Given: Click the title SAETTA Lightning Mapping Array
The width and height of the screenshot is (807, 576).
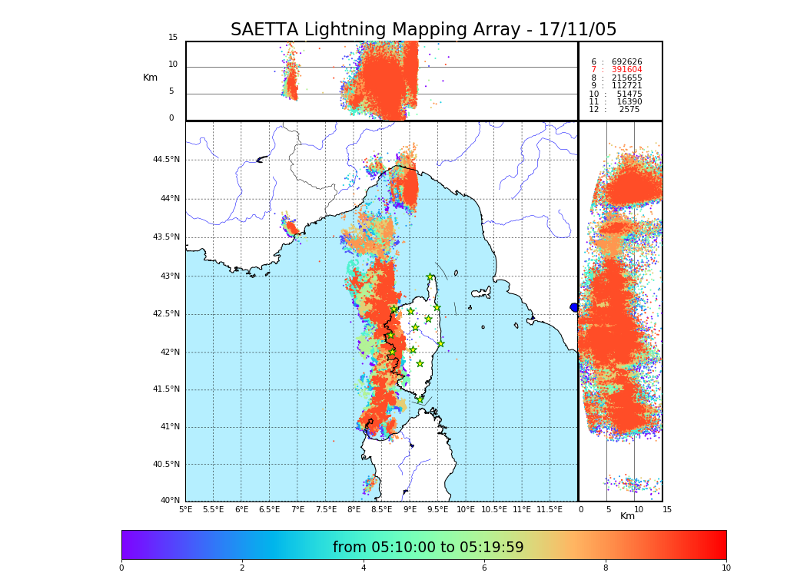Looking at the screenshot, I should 423,30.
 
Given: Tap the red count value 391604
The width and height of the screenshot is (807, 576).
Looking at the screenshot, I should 626,70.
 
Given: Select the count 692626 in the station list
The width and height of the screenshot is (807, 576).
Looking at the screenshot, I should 626,61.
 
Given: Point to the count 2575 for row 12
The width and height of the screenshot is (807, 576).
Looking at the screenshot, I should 629,110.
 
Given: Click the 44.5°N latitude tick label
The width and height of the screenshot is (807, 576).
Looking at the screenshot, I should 165,160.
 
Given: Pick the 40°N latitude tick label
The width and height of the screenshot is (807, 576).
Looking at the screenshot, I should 169,501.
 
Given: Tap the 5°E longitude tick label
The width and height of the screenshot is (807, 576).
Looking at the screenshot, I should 185,509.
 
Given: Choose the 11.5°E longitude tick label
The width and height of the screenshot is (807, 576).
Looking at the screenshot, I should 550,509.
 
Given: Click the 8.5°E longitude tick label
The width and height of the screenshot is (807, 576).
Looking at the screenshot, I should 381,509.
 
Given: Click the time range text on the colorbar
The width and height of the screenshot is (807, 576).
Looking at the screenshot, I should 428,548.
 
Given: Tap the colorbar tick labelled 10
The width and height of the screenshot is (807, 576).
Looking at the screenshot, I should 726,568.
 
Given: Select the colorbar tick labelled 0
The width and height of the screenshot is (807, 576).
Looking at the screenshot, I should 121,568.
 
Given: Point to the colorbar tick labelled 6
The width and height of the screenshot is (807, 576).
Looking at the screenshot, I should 484,568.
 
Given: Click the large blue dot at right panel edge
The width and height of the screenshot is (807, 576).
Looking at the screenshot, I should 574,307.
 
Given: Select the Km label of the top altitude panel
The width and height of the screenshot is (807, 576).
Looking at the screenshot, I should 150,78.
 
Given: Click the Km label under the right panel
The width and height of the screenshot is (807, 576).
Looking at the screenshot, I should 627,516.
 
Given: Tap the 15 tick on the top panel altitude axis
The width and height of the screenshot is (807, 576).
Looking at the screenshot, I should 173,38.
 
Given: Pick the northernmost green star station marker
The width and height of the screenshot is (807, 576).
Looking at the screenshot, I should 430,277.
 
